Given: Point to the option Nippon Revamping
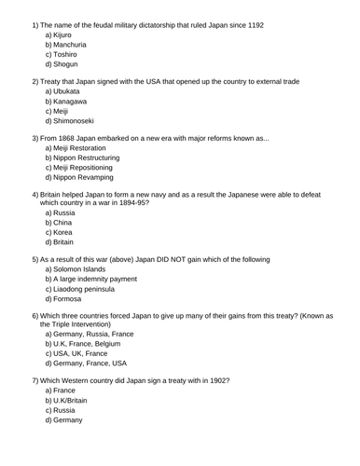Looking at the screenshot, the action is coord(85,177).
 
